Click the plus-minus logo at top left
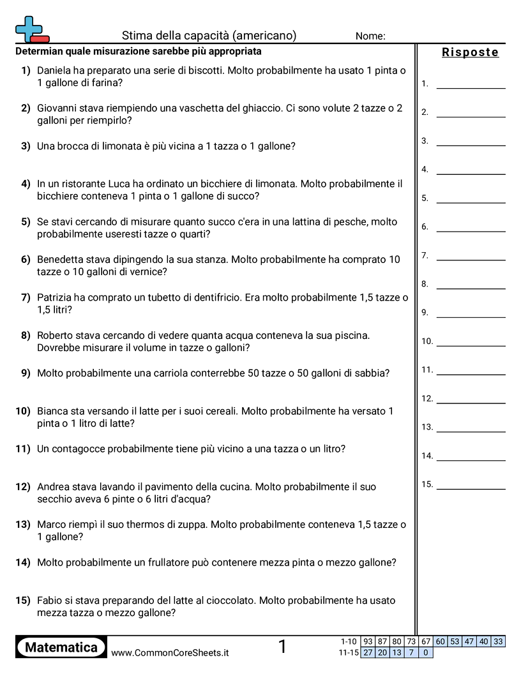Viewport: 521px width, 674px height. click(31, 29)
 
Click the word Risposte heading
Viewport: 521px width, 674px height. click(470, 52)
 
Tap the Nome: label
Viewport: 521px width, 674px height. click(370, 36)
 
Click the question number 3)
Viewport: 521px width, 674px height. click(26, 146)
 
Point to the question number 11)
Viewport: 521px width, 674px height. click(23, 449)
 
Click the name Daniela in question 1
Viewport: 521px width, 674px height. click(56, 71)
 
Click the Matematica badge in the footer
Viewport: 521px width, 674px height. click(61, 647)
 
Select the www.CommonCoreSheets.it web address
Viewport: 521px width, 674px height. click(170, 652)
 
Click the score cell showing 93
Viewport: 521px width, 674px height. click(368, 641)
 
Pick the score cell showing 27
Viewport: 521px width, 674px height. click(368, 652)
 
